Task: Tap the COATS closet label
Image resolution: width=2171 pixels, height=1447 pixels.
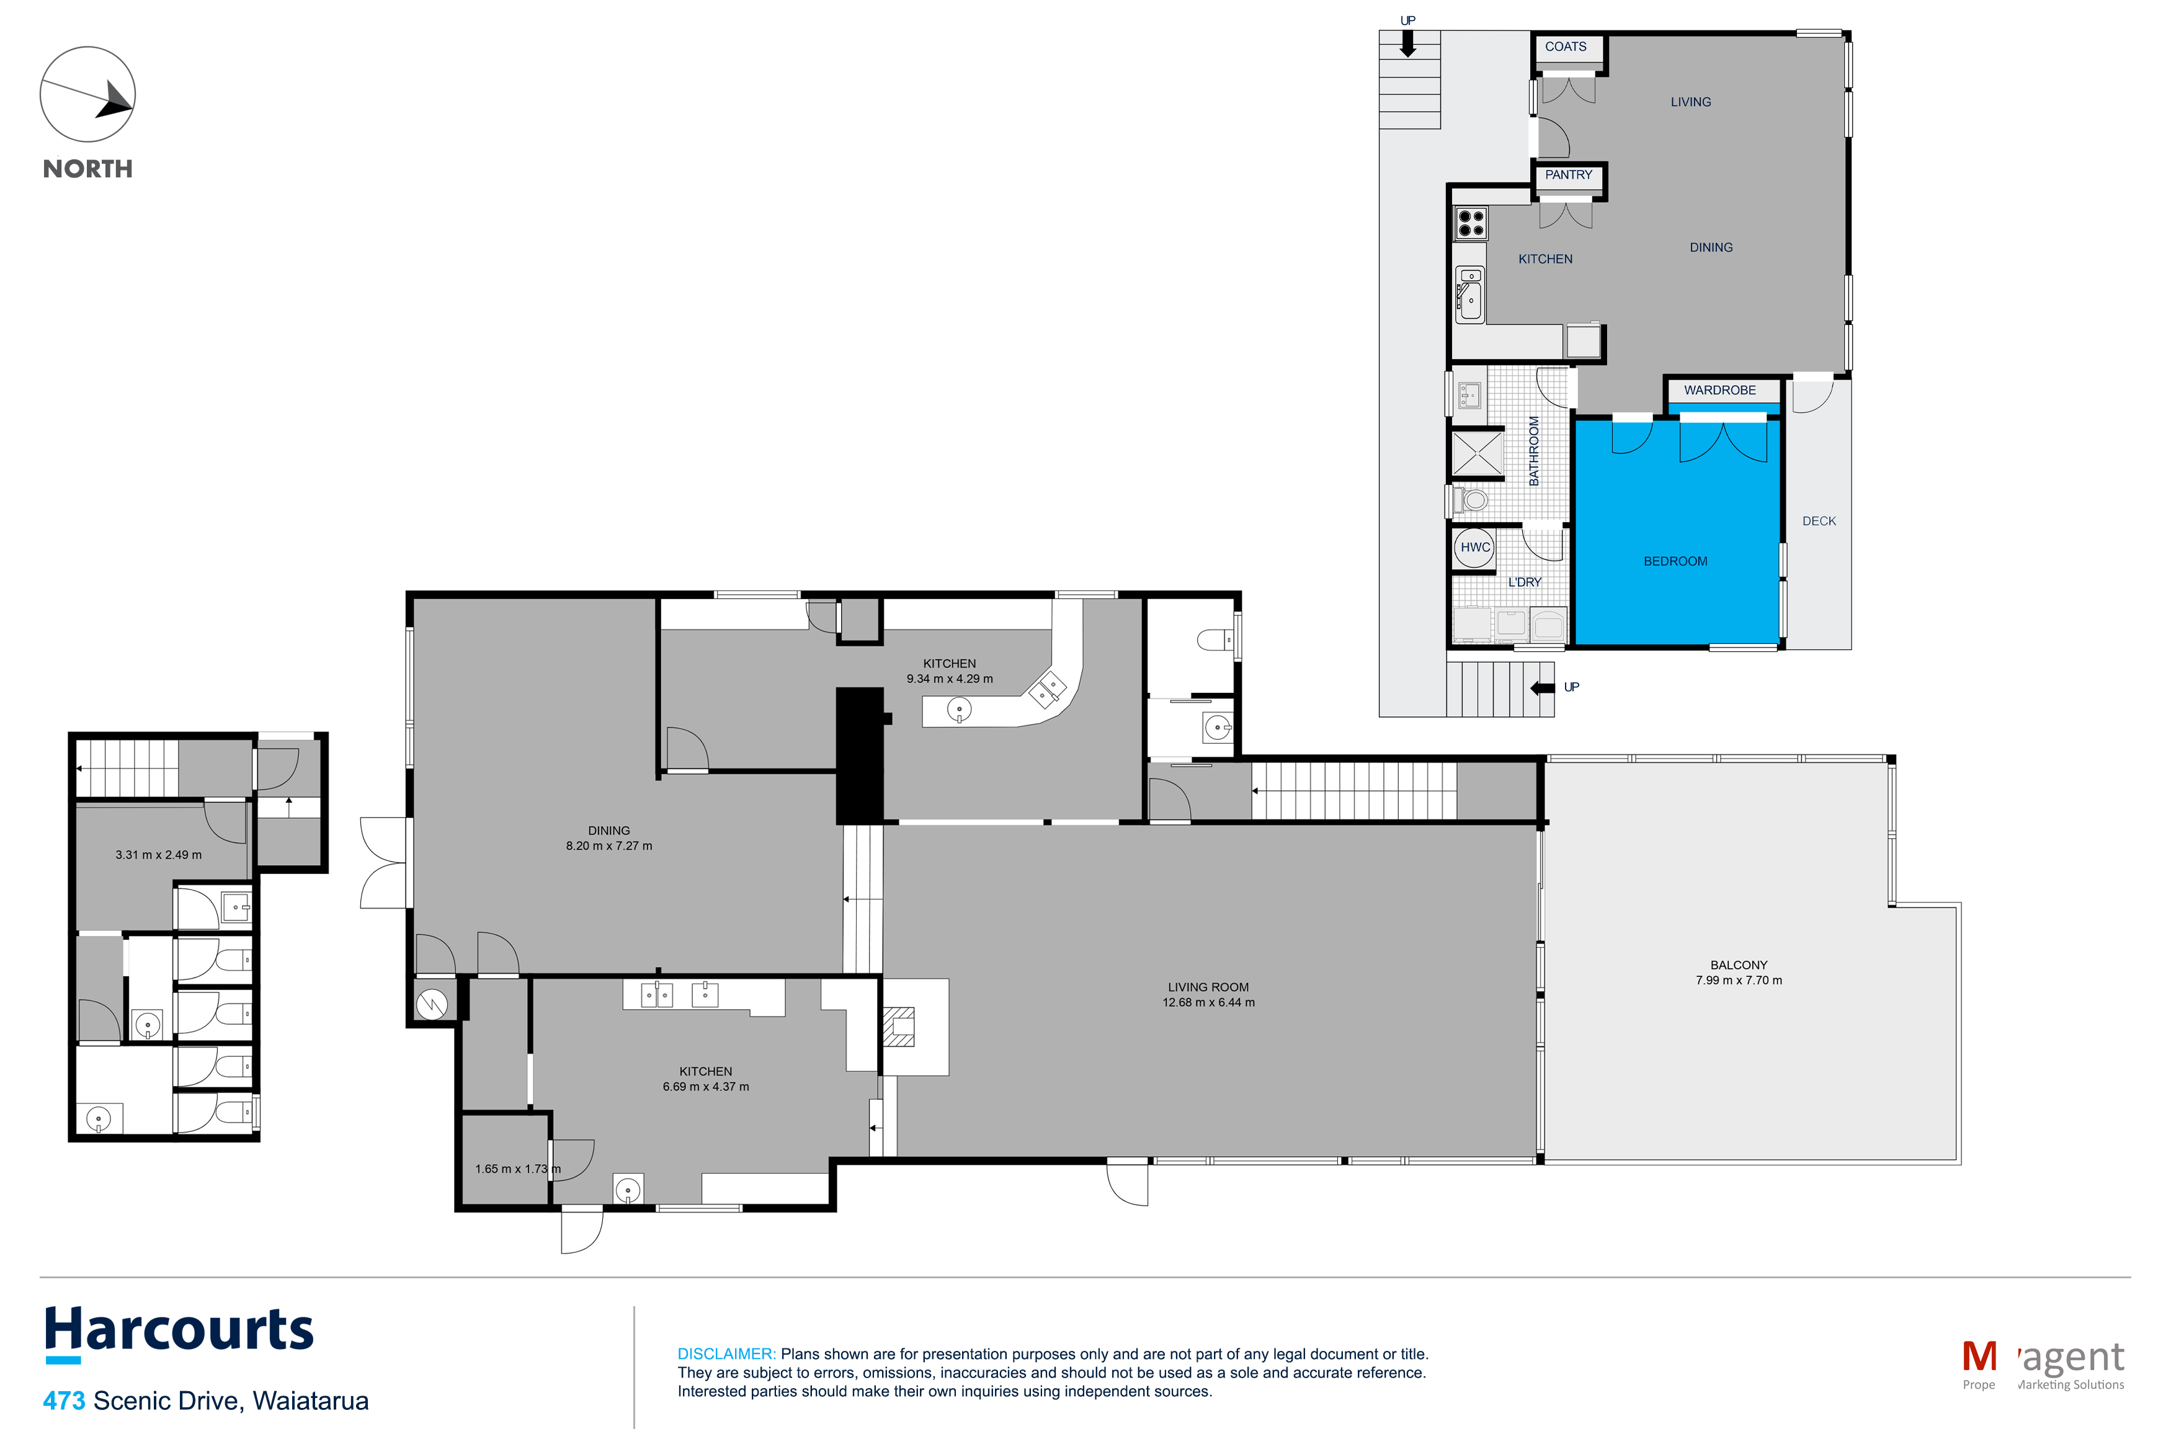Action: coord(1565,46)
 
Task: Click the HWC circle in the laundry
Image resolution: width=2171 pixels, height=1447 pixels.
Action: coord(1474,547)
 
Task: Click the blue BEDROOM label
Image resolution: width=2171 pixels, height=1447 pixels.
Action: coord(1675,561)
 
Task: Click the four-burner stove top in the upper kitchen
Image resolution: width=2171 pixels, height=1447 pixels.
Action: coord(1470,223)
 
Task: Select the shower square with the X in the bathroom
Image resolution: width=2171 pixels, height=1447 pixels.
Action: coord(1477,454)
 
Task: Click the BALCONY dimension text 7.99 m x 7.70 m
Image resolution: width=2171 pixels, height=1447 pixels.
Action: coord(1738,980)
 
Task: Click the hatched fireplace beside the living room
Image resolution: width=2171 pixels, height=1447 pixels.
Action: coord(899,1027)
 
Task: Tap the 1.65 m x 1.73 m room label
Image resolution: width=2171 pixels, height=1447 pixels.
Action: coord(517,1169)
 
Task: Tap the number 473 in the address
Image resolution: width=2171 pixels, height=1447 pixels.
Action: coord(64,1401)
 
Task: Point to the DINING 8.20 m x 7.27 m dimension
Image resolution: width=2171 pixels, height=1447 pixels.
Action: coord(609,845)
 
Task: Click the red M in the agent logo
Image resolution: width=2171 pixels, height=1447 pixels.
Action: coord(1979,1356)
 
